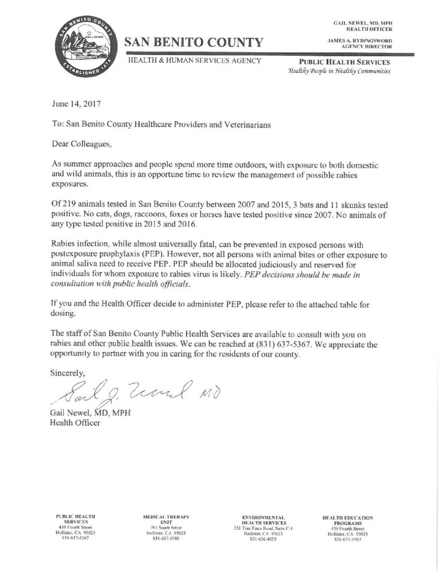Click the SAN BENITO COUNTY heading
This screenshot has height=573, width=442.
(x=193, y=43)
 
